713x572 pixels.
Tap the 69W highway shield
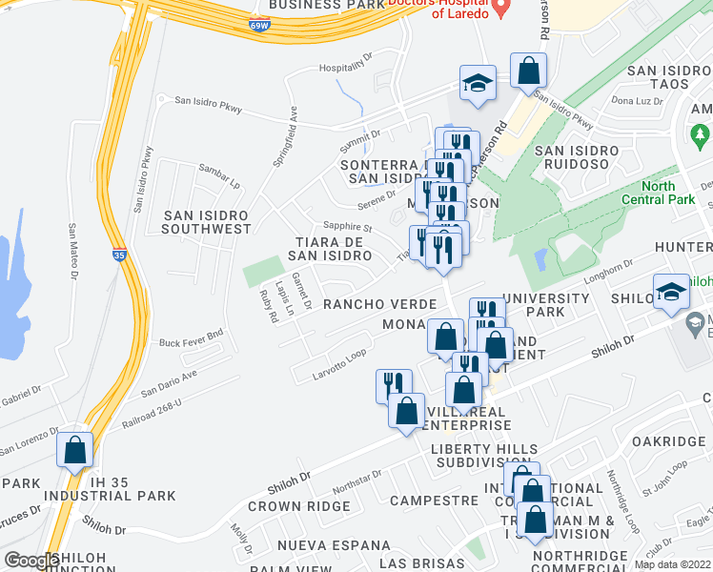point(259,27)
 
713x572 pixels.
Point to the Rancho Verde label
point(379,304)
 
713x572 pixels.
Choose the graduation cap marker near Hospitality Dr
point(478,82)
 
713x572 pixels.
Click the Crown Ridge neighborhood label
point(299,506)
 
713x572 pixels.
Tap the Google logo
point(31,561)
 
